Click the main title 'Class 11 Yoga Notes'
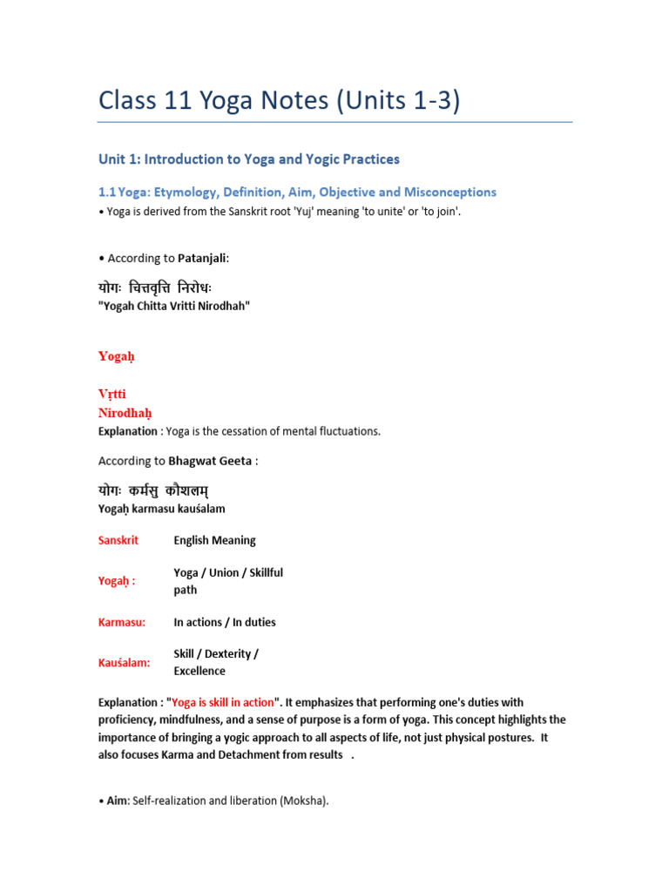click(279, 101)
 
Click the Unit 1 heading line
click(249, 159)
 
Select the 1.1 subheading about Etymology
click(297, 192)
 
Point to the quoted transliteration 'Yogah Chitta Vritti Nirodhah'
click(173, 306)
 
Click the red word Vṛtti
click(112, 394)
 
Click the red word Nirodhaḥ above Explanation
click(125, 412)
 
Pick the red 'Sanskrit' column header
click(118, 540)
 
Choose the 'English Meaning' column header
click(214, 540)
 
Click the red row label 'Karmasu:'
click(122, 622)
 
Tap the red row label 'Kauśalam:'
click(125, 663)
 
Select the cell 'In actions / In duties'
click(225, 622)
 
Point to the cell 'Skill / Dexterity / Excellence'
click(216, 662)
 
